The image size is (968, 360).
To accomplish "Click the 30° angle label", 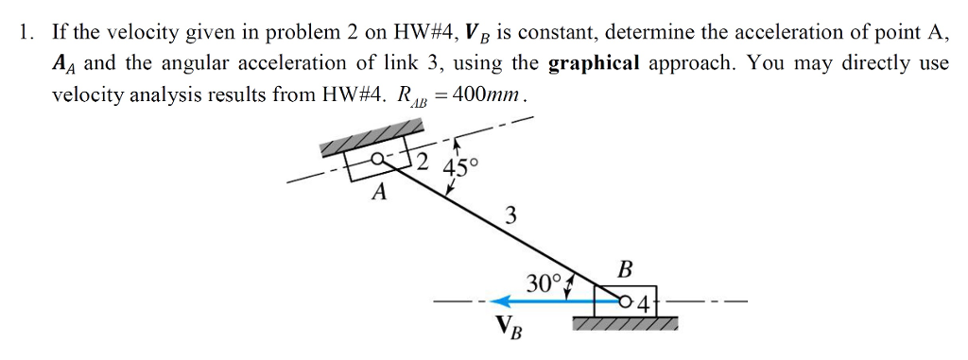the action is click(x=544, y=282).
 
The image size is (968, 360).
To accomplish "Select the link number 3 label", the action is click(x=511, y=215).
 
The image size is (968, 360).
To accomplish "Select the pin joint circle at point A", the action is click(x=377, y=161).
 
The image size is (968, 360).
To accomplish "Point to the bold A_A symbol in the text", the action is click(x=63, y=65).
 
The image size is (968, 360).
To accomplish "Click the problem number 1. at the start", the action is click(x=26, y=34).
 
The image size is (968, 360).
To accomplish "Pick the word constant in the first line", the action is click(x=555, y=34).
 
